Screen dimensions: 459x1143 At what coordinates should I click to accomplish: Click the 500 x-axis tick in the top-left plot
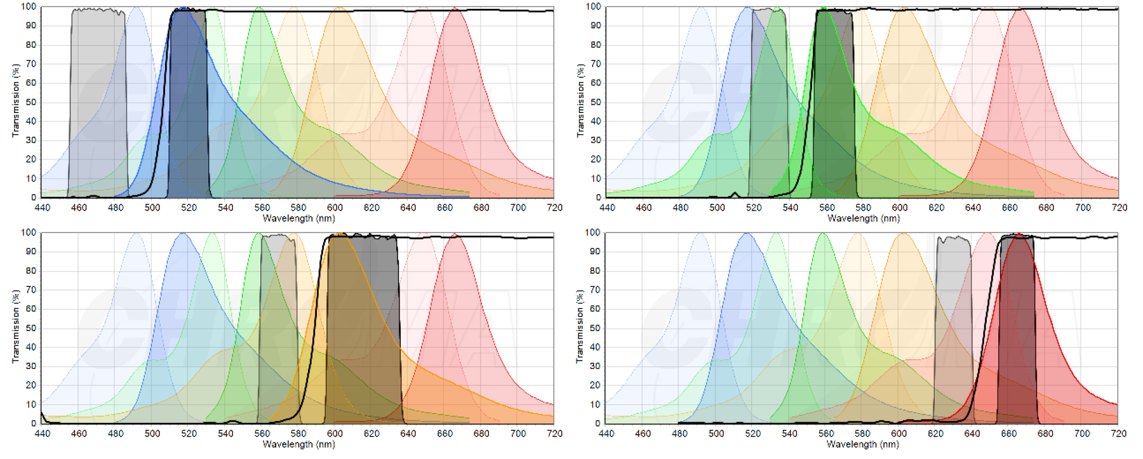[152, 208]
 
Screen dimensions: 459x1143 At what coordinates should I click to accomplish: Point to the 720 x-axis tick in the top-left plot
[554, 208]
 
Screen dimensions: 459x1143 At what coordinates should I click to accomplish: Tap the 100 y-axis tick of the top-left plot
[29, 6]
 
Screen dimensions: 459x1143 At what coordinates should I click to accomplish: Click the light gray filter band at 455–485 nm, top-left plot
[98, 95]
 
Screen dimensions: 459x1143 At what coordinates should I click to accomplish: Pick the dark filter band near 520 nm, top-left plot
[189, 108]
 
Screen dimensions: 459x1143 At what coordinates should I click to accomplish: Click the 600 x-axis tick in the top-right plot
[900, 208]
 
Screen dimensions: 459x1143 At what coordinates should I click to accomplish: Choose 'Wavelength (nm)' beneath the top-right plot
[863, 218]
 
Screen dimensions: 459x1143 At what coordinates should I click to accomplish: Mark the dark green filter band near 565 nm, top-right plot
[834, 108]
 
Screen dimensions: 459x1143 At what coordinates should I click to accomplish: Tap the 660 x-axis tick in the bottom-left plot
[444, 434]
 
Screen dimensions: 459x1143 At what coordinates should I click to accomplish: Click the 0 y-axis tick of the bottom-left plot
[33, 423]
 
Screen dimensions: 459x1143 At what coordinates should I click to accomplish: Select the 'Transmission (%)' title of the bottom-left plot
[15, 326]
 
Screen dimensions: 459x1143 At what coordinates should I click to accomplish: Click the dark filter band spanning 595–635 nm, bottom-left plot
[363, 330]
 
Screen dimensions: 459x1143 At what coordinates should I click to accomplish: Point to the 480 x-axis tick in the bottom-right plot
[680, 434]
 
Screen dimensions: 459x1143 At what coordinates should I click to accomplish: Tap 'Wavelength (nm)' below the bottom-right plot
[863, 444]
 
